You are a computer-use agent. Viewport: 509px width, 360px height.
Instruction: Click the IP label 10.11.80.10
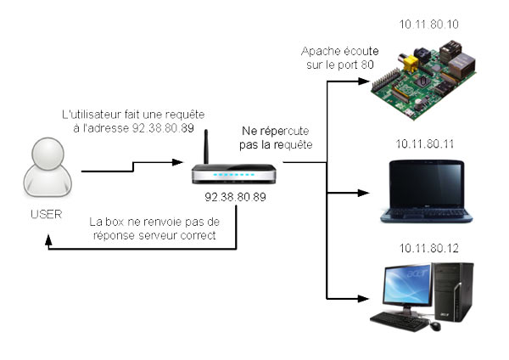click(429, 25)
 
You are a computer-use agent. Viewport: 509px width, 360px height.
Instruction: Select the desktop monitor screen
click(403, 287)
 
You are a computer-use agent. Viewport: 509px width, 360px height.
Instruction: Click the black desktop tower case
click(453, 293)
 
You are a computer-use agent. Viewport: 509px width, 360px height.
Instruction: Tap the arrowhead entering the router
click(185, 160)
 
